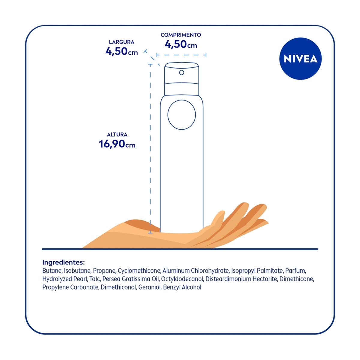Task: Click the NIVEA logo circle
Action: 300,59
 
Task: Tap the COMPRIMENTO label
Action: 181,35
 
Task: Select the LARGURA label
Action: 121,42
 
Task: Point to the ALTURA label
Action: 117,135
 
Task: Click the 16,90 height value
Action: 112,144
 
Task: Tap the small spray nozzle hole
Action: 181,73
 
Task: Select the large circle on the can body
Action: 181,115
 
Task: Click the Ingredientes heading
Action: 64,262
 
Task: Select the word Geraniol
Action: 150,287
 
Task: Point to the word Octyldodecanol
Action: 182,279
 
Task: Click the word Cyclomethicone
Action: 139,271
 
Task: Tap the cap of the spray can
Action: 181,79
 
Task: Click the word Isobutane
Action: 77,271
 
